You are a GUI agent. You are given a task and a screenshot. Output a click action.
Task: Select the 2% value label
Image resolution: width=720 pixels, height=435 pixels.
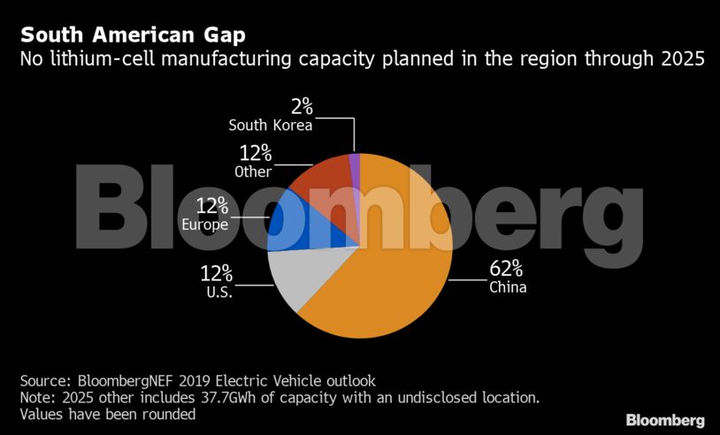pos(303,106)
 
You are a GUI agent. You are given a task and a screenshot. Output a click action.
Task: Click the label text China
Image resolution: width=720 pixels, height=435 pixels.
pos(508,287)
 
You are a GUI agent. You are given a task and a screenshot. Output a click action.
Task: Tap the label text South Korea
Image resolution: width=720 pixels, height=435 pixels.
pos(271,126)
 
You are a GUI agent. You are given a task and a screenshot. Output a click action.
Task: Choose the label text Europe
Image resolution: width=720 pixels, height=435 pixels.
pos(205,225)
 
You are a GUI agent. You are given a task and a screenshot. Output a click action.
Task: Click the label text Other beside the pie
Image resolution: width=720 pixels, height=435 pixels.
pos(253,171)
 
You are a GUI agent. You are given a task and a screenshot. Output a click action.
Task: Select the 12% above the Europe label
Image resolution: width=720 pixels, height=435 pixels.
pos(212,206)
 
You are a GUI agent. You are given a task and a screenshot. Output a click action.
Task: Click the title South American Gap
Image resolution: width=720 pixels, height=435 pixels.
pos(134,36)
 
